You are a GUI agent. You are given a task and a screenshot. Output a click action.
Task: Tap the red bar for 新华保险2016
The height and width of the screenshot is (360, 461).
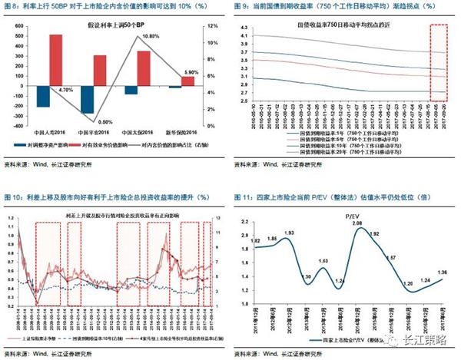[188, 81]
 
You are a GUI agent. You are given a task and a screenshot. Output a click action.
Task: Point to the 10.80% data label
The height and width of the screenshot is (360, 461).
[151, 36]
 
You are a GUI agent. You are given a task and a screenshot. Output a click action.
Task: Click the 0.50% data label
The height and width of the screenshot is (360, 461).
[106, 121]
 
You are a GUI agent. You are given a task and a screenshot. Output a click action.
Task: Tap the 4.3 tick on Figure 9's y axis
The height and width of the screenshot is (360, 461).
[245, 27]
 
